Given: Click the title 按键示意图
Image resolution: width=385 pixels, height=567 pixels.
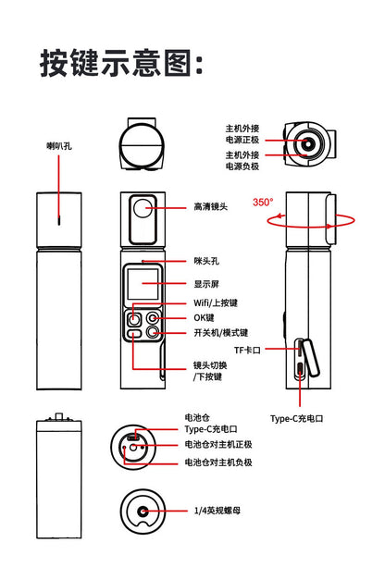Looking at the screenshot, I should [x=121, y=64].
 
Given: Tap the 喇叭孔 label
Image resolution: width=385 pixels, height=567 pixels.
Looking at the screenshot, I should [x=60, y=146].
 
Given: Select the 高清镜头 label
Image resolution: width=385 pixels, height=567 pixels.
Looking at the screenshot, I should [x=210, y=207].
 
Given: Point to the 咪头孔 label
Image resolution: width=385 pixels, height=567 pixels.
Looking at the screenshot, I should [x=206, y=263].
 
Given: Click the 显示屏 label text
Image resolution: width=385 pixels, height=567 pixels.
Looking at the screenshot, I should [x=206, y=284].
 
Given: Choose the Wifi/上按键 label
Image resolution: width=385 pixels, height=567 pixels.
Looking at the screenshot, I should [x=216, y=302].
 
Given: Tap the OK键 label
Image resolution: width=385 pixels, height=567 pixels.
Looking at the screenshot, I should [x=204, y=317].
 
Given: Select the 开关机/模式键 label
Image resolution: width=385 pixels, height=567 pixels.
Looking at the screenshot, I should [x=220, y=333].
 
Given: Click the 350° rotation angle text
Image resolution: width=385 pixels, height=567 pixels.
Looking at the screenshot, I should [x=263, y=202].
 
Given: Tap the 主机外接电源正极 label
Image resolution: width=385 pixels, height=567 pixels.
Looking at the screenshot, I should [x=242, y=134].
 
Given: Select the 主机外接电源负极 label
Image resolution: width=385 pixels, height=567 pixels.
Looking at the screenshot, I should [x=242, y=159].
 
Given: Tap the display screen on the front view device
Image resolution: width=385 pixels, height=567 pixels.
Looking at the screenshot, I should [x=142, y=279].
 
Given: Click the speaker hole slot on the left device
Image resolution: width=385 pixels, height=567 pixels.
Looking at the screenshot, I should [x=59, y=219].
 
